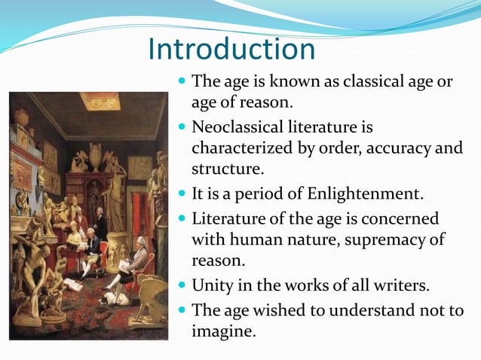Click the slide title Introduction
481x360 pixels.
[x=231, y=50]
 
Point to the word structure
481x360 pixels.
[x=223, y=167]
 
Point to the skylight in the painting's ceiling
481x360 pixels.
[x=99, y=100]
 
